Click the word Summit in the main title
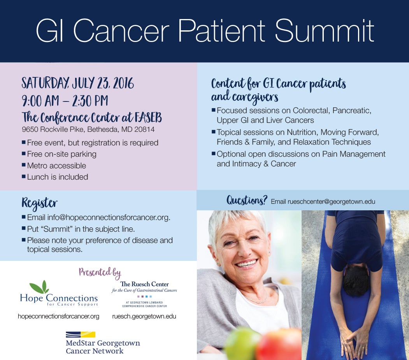[324, 31]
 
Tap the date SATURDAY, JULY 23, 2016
[78, 83]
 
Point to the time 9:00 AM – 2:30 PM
[65, 101]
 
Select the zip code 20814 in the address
[144, 129]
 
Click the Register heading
[39, 203]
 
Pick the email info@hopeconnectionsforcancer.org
[109, 217]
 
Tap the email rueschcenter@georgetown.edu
[331, 202]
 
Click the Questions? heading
[247, 200]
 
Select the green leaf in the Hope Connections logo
[40, 287]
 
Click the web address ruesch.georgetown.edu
[144, 316]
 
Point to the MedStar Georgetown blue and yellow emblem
[80, 334]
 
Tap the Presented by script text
[100, 273]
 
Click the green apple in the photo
[241, 343]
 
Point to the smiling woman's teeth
[246, 264]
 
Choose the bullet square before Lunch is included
[24, 177]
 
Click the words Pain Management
[354, 154]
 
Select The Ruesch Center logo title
[144, 284]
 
